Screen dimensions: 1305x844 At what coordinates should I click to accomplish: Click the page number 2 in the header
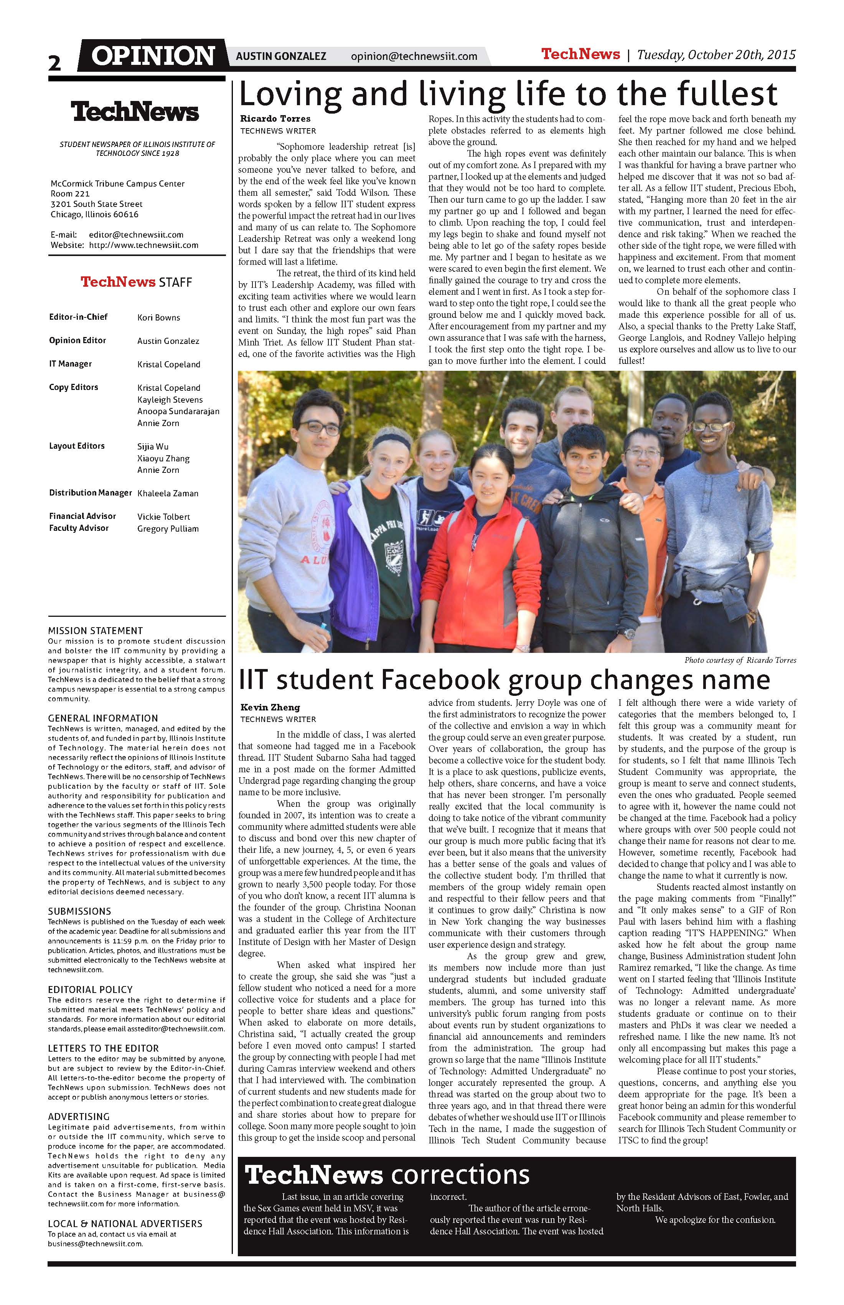point(54,63)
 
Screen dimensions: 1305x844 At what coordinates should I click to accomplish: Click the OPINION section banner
point(153,56)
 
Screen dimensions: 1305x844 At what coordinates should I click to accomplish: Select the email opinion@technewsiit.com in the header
point(414,56)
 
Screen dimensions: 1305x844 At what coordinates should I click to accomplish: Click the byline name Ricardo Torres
point(275,119)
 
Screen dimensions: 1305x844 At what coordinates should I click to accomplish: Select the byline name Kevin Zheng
point(270,707)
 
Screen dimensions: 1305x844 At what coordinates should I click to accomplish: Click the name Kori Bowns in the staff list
point(158,317)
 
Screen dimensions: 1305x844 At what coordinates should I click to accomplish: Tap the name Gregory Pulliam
point(168,529)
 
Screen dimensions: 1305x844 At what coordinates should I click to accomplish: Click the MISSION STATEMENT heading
point(96,631)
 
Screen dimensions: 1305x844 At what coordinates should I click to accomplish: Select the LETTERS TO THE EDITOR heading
point(103,1048)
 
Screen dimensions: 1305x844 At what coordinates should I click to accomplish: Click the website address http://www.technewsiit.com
point(143,245)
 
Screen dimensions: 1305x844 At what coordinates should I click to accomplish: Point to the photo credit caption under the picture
point(740,660)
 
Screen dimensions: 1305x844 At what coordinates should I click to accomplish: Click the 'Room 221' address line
point(70,193)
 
